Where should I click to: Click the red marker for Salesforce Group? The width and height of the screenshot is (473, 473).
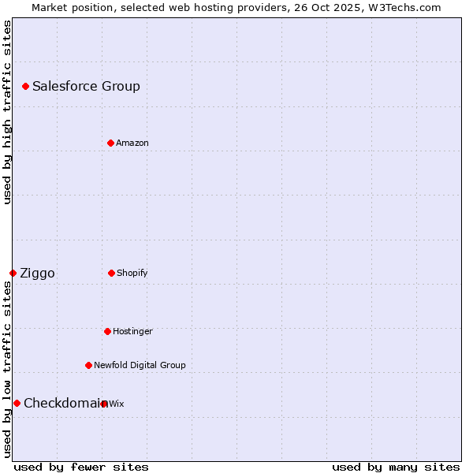click(25, 86)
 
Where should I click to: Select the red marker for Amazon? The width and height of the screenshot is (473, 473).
click(110, 143)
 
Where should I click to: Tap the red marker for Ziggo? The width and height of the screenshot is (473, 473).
click(13, 273)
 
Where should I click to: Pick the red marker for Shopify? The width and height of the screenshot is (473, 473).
click(111, 273)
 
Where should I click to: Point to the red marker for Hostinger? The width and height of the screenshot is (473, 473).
click(107, 331)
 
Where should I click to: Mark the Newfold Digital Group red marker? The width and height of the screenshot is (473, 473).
click(88, 365)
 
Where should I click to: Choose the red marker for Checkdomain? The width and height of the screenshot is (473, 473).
click(17, 403)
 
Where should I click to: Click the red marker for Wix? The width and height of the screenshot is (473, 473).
click(103, 404)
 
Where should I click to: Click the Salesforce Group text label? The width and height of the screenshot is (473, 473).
click(86, 86)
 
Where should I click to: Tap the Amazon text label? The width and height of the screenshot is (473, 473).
click(132, 143)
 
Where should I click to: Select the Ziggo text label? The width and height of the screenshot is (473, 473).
click(37, 274)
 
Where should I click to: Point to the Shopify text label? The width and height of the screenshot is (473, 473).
click(132, 273)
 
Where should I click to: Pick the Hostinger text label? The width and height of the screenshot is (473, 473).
click(132, 331)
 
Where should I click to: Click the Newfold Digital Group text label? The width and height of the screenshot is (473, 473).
click(140, 365)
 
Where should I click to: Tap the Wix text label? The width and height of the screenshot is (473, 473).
click(117, 404)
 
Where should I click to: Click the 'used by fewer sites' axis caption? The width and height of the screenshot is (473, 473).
click(81, 467)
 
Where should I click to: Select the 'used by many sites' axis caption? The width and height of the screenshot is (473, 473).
click(396, 467)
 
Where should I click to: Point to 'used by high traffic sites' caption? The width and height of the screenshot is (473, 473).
click(7, 112)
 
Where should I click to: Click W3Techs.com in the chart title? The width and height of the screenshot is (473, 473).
click(402, 7)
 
